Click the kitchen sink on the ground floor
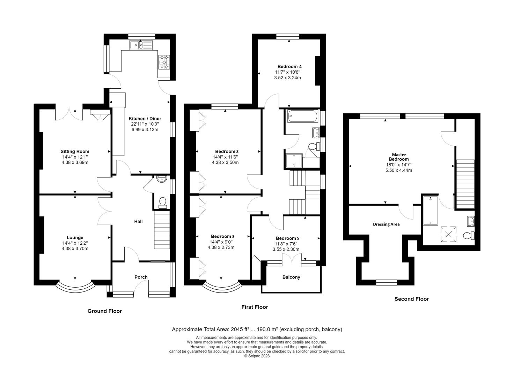(x=141, y=45)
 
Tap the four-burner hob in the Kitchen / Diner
(x=164, y=62)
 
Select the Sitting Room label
(x=75, y=151)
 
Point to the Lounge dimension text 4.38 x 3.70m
(x=75, y=248)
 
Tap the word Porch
(x=141, y=277)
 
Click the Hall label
(x=138, y=221)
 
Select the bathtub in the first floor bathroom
(x=303, y=116)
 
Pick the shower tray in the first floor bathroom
(x=294, y=161)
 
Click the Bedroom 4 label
(x=289, y=67)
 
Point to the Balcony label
(x=291, y=277)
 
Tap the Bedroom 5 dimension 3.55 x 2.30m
(x=286, y=249)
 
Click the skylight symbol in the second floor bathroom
(x=448, y=234)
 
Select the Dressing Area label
(x=386, y=224)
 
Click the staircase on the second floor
(x=465, y=184)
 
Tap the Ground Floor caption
(x=105, y=311)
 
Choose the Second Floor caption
(x=412, y=299)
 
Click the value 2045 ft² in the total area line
(x=240, y=329)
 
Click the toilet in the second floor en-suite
(x=469, y=235)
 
